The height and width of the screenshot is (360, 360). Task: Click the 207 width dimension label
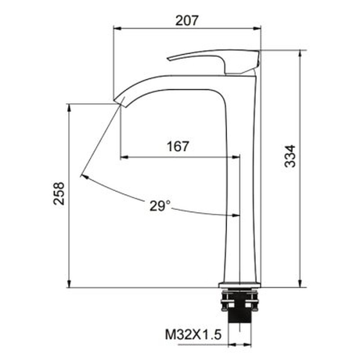coord(187,21)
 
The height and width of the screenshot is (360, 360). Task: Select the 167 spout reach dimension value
coord(177,147)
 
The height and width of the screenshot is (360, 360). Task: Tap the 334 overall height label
coord(290,156)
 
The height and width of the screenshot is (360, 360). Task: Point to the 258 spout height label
coord(59,193)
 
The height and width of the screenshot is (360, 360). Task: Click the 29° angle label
coord(160,206)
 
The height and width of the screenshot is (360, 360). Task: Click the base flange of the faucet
coord(239,285)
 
